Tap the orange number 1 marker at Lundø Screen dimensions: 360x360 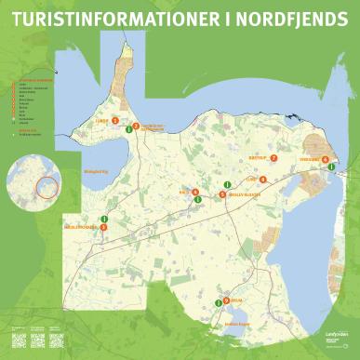pyautogui.click(x=115, y=120)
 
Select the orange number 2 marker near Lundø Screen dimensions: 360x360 pyautogui.click(x=136, y=126)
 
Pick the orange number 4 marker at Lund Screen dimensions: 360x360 pyautogui.click(x=263, y=179)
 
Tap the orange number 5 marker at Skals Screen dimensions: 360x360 pyautogui.click(x=194, y=193)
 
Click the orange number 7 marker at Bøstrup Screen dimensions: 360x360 pyautogui.click(x=274, y=158)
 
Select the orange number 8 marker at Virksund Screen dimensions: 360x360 pyautogui.click(x=325, y=160)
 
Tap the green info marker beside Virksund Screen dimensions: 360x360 pyautogui.click(x=332, y=167)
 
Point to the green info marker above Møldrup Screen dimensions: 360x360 pyautogui.click(x=104, y=219)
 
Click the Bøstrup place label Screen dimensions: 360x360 pyautogui.click(x=258, y=158)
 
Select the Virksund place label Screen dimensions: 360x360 pyautogui.click(x=308, y=159)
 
